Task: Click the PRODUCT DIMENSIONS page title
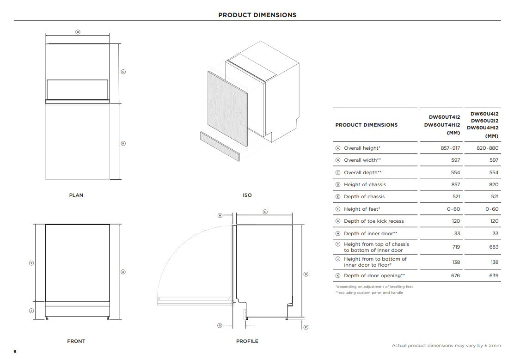[x=257, y=15]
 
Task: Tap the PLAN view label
[x=76, y=195]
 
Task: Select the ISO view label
[x=247, y=195]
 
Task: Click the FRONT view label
[x=76, y=342]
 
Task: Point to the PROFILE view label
[x=247, y=342]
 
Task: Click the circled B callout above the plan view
[x=78, y=32]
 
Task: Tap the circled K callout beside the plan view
[x=123, y=143]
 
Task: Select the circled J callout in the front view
[x=31, y=311]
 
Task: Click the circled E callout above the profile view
[x=265, y=212]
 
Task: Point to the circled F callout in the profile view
[x=306, y=327]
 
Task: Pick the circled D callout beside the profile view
[x=306, y=274]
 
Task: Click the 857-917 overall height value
[x=450, y=148]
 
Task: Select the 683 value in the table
[x=494, y=247]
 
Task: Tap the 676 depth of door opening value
[x=455, y=276]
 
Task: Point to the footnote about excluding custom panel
[x=369, y=293]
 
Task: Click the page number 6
[x=15, y=352]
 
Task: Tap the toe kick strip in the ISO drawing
[x=220, y=146]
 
